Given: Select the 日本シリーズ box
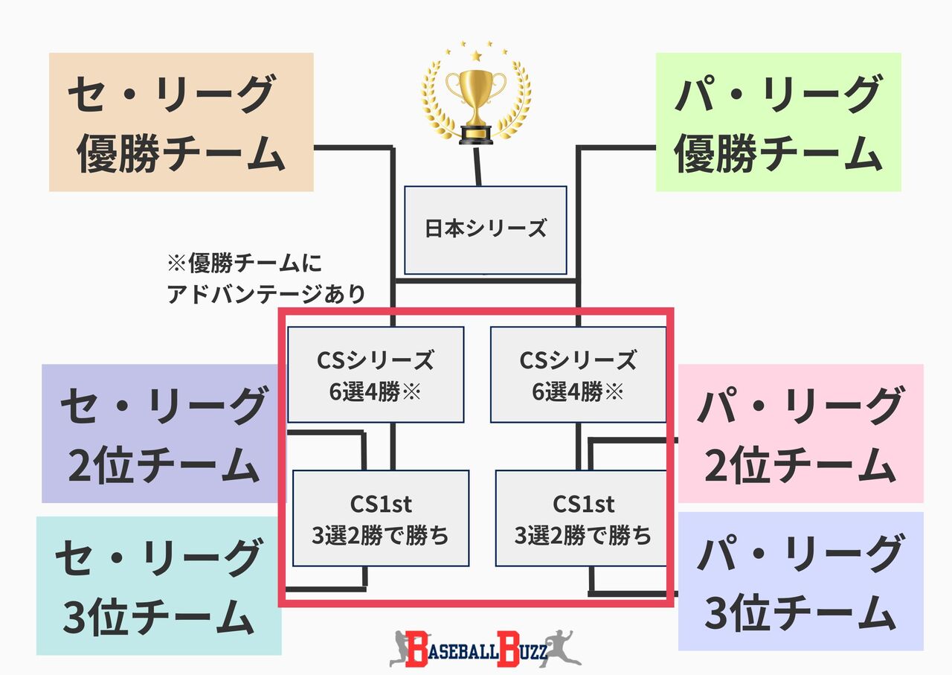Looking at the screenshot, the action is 485,229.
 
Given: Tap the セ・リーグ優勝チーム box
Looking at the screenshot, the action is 181,122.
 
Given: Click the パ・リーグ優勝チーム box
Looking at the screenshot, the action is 778,122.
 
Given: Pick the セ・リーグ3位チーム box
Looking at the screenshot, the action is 158,586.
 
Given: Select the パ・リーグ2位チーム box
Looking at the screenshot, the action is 800,433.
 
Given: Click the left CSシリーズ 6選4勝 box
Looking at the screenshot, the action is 376,374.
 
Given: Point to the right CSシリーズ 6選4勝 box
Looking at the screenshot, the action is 578,374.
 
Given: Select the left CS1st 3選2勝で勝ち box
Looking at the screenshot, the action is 381,518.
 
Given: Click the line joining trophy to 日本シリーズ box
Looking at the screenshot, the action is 478,165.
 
